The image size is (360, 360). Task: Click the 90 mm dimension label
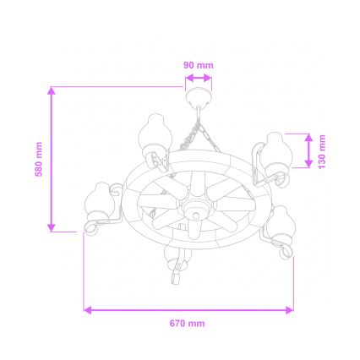(x=199, y=65)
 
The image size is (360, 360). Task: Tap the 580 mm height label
(x=39, y=158)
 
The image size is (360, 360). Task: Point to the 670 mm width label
(x=188, y=323)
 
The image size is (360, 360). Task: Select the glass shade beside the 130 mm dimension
(x=277, y=150)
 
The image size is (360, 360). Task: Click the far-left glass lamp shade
(x=101, y=201)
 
